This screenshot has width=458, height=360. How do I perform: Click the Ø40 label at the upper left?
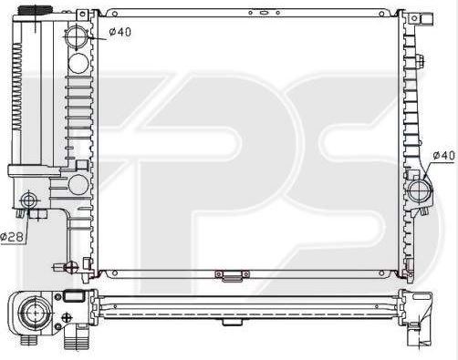[120, 32]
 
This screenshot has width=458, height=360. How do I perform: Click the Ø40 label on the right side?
[444, 156]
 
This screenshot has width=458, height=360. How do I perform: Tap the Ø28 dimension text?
[12, 236]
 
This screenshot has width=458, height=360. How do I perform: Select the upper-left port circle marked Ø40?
[76, 37]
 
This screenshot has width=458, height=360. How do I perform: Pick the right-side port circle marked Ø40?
[420, 190]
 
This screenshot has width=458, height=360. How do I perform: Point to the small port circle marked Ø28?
[29, 201]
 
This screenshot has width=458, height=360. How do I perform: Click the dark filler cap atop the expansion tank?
[35, 10]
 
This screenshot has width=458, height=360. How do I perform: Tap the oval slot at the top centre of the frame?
[264, 13]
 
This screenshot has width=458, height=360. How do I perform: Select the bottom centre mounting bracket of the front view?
[233, 275]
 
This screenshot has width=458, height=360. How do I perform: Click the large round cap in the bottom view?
[35, 313]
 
